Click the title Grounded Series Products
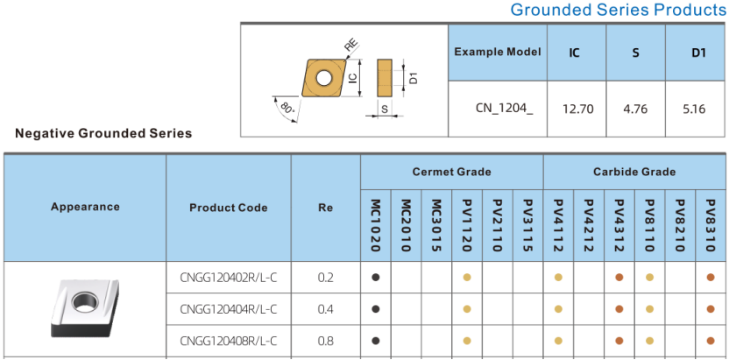(x=619, y=10)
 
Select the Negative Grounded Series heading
(x=103, y=133)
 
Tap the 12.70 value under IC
(x=577, y=109)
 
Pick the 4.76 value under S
(x=635, y=109)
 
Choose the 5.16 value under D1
(x=695, y=109)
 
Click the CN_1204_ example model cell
(x=505, y=109)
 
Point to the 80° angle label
(x=287, y=109)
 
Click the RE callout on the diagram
(x=351, y=46)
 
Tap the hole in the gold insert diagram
(x=322, y=77)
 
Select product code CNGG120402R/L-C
(x=229, y=278)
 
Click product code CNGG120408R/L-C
(x=229, y=341)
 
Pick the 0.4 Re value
(x=325, y=309)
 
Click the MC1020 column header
(x=376, y=225)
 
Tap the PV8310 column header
(x=710, y=225)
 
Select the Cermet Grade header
(x=451, y=172)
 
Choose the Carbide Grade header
(x=634, y=172)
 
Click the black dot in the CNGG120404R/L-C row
(x=376, y=309)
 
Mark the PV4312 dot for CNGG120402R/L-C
(x=619, y=278)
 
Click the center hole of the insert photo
(x=85, y=302)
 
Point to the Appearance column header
(x=85, y=207)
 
